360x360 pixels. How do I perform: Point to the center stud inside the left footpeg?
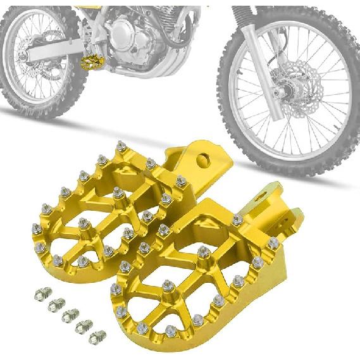(83, 223)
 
